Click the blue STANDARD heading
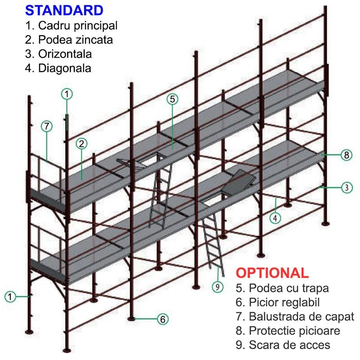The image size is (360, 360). [x=64, y=10]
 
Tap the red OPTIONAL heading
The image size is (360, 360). [x=272, y=273]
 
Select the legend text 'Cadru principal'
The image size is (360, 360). [x=78, y=26]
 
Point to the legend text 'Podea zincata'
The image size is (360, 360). [x=76, y=40]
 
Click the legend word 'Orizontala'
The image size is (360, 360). [x=65, y=54]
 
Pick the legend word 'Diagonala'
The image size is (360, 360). [x=65, y=68]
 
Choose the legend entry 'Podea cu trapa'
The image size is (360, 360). [x=289, y=288]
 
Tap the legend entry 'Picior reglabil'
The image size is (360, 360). [x=284, y=302]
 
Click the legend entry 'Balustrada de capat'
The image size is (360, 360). [x=301, y=316]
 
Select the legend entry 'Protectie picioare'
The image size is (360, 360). [x=295, y=331]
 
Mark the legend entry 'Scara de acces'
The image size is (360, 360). [x=289, y=345]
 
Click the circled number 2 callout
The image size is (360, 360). [x=81, y=144]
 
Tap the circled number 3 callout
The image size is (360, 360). [x=346, y=188]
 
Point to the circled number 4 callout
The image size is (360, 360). [x=275, y=218]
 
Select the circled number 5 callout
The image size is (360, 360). [x=172, y=99]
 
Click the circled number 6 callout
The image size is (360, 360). [x=163, y=319]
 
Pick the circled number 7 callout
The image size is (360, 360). [x=47, y=126]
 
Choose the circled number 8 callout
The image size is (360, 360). [x=346, y=155]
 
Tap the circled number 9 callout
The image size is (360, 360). [x=217, y=287]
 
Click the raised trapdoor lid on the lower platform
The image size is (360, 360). [x=238, y=182]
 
